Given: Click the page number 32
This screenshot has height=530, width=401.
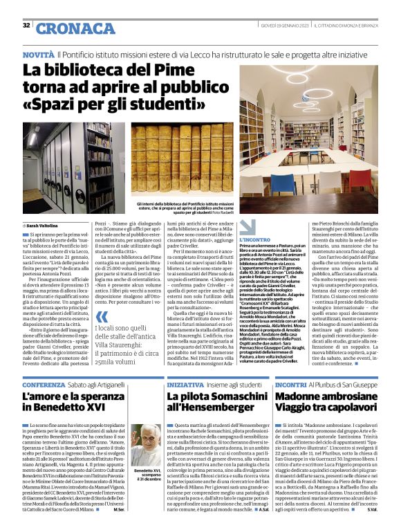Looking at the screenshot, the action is coord(26,25).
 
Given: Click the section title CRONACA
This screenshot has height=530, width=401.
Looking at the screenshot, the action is coord(66,28).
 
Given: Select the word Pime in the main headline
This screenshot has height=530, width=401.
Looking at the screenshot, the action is coord(165,70).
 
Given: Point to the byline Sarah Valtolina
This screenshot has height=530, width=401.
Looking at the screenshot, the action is coord(44,226).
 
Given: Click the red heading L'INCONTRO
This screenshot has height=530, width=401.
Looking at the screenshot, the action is coord(255,239).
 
